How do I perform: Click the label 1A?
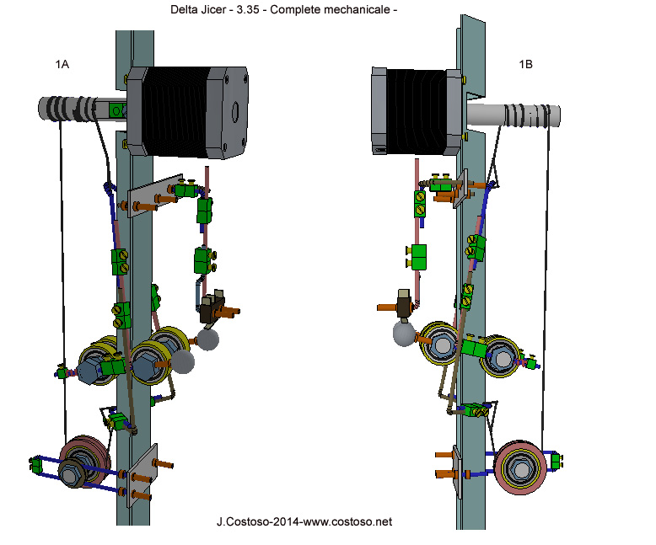click(62, 64)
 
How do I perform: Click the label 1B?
click(525, 64)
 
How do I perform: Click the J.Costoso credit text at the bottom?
click(304, 522)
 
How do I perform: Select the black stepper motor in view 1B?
click(413, 112)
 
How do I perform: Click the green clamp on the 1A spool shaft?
click(119, 110)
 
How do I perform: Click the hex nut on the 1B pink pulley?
click(523, 468)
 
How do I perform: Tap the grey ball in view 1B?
click(406, 334)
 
